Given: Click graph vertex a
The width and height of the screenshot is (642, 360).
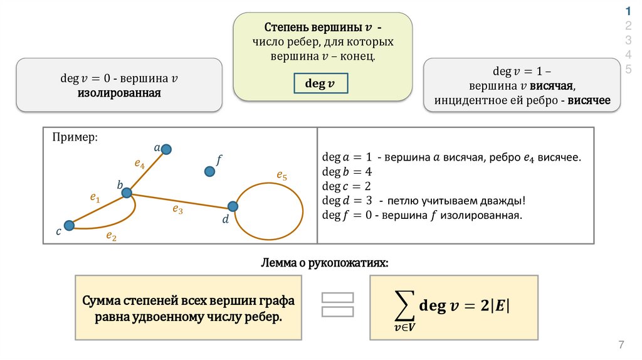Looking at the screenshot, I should [166, 149].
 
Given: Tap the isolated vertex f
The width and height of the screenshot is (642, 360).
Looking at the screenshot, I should [209, 171].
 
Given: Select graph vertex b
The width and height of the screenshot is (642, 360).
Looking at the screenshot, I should [127, 193].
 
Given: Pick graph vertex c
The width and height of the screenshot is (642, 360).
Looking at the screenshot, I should [70, 225].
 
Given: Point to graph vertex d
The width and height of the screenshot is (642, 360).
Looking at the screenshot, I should [233, 206].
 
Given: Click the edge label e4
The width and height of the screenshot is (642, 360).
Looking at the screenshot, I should [140, 165].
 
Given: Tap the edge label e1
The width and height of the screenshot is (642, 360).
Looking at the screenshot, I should [95, 198].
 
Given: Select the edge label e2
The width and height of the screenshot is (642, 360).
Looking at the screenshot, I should [111, 236].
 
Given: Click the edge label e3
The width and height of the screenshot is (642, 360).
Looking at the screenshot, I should [178, 210].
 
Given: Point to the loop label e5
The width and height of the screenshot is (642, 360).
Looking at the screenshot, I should [282, 176].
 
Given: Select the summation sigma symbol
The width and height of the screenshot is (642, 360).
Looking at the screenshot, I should [398, 305].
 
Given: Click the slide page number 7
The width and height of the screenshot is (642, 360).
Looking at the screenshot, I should [621, 345].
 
